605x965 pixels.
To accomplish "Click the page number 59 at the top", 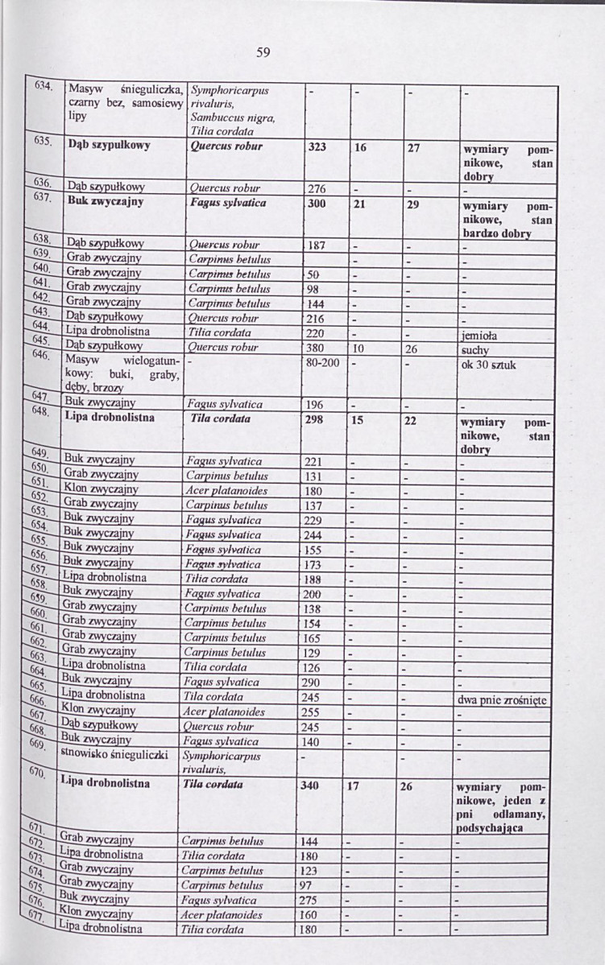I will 263,53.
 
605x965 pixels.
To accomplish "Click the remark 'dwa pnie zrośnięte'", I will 501,699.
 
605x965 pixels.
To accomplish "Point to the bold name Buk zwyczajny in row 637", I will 104,204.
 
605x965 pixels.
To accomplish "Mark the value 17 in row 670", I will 354,787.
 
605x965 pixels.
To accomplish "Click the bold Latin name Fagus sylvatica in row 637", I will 230,204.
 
